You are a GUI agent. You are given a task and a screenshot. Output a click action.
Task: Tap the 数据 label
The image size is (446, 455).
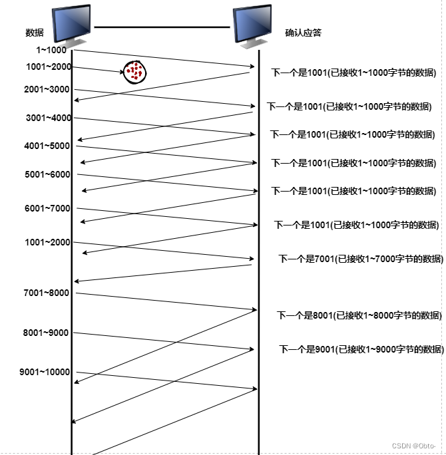[34, 33]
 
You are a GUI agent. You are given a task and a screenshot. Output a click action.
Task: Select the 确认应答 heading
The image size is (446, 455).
[303, 33]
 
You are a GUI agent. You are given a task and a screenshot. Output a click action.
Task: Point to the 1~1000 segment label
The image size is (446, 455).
[51, 50]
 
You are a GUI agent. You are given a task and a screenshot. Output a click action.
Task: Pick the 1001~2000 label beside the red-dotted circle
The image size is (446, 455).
[49, 67]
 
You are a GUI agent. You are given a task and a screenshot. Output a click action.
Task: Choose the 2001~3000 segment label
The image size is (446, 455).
[47, 90]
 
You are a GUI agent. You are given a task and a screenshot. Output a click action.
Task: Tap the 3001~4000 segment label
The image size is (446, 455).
[49, 118]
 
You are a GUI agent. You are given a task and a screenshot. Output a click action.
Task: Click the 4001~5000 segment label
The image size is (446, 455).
[47, 146]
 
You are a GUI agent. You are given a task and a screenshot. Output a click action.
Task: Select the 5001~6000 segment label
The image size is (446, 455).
[47, 175]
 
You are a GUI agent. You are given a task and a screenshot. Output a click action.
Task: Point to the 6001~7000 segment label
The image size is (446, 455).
[47, 209]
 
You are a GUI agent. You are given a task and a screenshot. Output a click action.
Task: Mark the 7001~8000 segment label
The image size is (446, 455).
[46, 293]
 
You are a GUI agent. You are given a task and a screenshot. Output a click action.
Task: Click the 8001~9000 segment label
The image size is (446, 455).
[45, 333]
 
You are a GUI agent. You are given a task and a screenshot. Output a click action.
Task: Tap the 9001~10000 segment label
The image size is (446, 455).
[45, 373]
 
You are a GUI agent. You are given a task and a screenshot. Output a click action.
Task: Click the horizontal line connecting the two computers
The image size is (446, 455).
[162, 27]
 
